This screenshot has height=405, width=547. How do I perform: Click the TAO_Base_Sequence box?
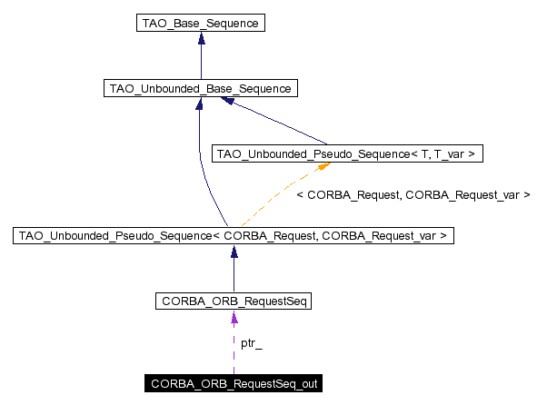click(200, 24)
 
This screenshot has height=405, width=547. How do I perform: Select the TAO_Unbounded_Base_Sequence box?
click(200, 88)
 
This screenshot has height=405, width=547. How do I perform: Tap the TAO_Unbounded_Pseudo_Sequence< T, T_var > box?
click(346, 153)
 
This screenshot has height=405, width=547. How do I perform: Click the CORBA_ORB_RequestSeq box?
click(234, 301)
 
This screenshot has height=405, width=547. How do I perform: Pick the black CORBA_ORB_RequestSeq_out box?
click(234, 384)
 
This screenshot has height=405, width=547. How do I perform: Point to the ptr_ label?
click(252, 343)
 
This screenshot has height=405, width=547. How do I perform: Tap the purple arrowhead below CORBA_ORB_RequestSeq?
click(234, 317)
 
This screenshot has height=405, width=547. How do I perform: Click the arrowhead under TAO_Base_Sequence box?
click(200, 40)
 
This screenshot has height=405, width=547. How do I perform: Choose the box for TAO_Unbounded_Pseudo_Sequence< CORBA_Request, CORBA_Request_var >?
click(234, 236)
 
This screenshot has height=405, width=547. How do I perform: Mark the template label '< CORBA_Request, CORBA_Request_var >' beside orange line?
click(413, 194)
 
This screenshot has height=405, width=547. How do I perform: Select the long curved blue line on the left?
click(201, 163)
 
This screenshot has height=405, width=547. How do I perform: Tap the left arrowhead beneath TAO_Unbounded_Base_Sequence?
click(199, 104)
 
